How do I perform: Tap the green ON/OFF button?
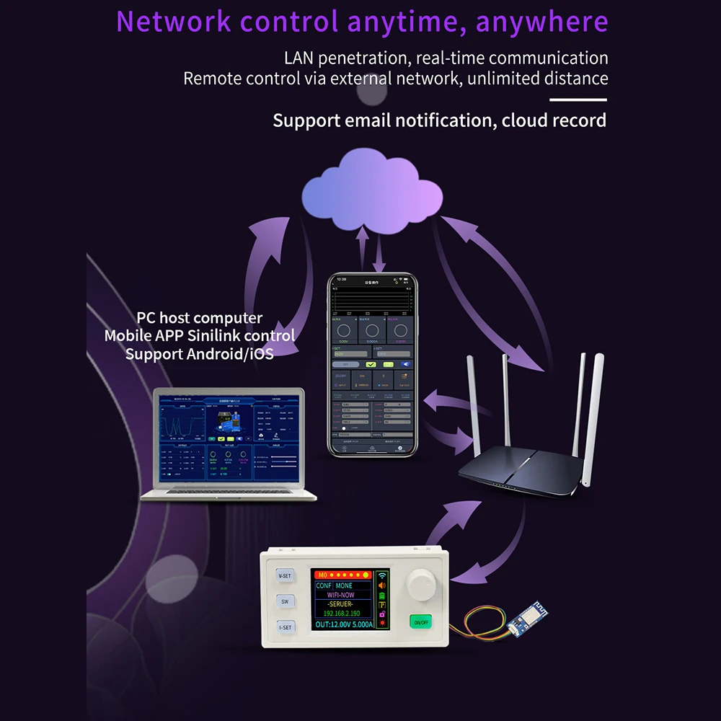(x=420, y=621)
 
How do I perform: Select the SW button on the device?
(x=285, y=601)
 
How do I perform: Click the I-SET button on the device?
(x=285, y=627)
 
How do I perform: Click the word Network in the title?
(x=173, y=22)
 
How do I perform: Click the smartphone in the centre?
(x=372, y=364)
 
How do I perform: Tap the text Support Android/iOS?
(x=199, y=354)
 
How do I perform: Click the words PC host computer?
(x=199, y=318)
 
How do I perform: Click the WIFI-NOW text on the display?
(x=343, y=596)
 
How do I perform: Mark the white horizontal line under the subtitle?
(x=578, y=100)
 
